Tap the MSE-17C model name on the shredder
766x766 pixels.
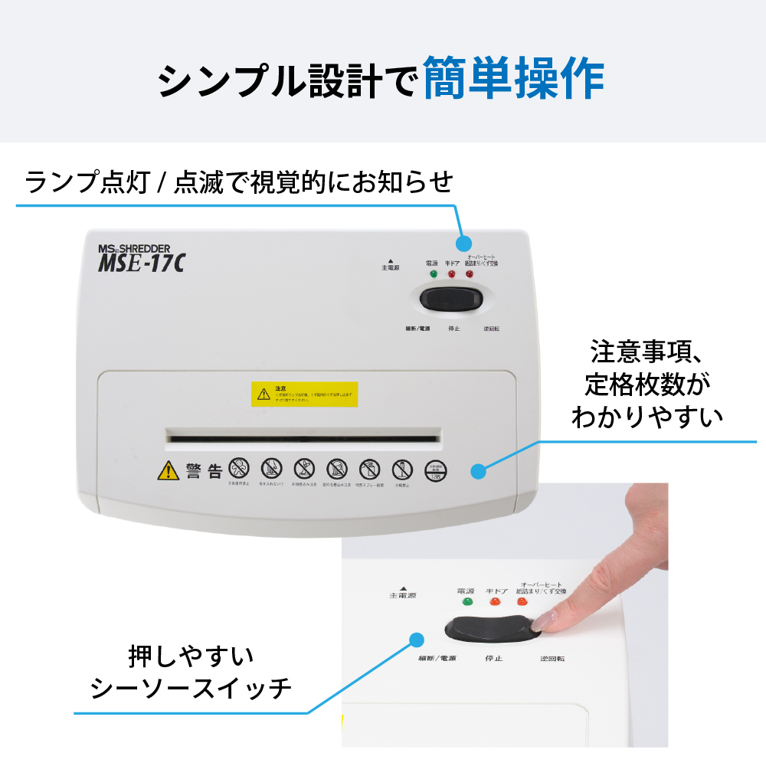[142, 263]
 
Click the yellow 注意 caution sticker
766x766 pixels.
[304, 394]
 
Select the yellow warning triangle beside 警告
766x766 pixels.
[168, 470]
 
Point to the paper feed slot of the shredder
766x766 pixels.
[304, 439]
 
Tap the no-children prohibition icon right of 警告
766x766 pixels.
[239, 468]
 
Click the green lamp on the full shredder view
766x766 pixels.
[434, 273]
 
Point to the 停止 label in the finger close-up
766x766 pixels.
[494, 658]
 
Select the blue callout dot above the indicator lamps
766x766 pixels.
[464, 244]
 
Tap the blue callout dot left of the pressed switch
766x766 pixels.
[417, 640]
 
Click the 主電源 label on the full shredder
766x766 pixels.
[390, 268]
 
